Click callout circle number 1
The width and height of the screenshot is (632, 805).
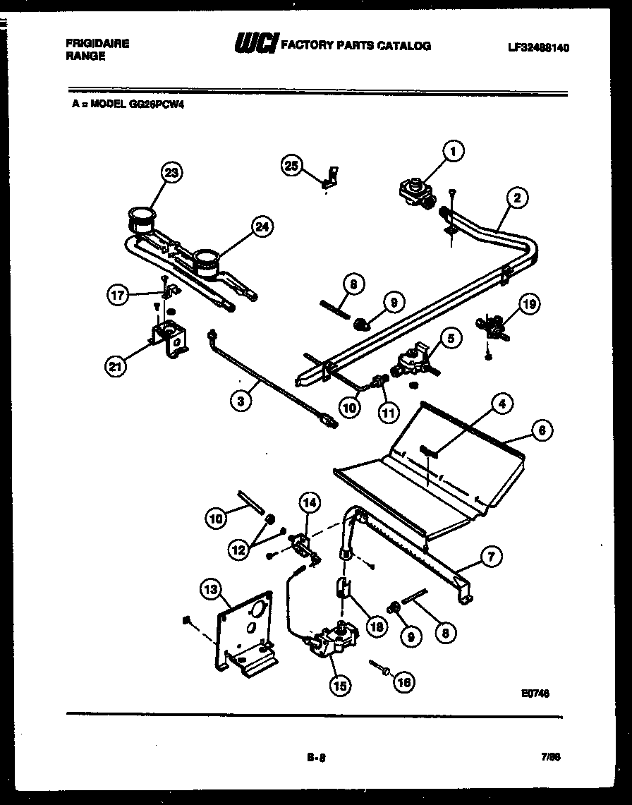[454, 150]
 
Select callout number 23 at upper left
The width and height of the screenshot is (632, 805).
[171, 172]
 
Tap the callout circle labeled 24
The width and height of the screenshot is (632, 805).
[262, 226]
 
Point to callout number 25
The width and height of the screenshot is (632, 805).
[292, 165]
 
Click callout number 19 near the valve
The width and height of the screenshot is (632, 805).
[530, 305]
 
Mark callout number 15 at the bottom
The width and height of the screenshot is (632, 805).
[340, 685]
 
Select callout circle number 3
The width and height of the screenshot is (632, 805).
[241, 401]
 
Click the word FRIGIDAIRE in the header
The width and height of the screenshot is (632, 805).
[97, 44]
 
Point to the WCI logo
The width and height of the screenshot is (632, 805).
[256, 44]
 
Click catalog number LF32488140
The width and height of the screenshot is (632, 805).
[538, 48]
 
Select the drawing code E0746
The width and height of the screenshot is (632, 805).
[535, 694]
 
